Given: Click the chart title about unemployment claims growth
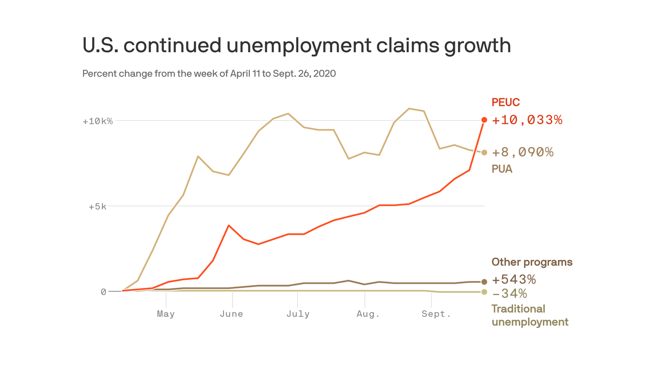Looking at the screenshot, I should pyautogui.click(x=296, y=46).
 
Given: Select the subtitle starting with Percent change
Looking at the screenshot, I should pyautogui.click(x=209, y=74).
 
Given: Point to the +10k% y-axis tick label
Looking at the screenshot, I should pyautogui.click(x=97, y=121).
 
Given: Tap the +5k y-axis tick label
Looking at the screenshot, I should pyautogui.click(x=100, y=207).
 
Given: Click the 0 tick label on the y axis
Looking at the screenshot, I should pyautogui.click(x=103, y=292).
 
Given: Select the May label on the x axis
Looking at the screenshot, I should pyautogui.click(x=165, y=314).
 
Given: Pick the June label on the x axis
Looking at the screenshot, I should pyautogui.click(x=232, y=314).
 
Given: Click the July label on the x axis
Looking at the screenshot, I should pyautogui.click(x=298, y=314).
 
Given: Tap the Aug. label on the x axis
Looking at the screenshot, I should pyautogui.click(x=368, y=314).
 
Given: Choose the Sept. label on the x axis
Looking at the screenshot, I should pyautogui.click(x=436, y=314).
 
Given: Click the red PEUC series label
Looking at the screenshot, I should pyautogui.click(x=505, y=103).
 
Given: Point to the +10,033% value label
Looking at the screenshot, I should pyautogui.click(x=527, y=120).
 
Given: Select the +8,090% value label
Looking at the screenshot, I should pyautogui.click(x=523, y=152).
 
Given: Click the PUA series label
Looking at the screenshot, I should pyautogui.click(x=502, y=169).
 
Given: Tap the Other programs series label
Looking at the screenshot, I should pyautogui.click(x=532, y=262).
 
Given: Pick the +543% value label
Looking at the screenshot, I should pyautogui.click(x=514, y=279).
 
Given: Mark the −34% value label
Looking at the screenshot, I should pyautogui.click(x=509, y=293).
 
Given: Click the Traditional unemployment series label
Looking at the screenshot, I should pyautogui.click(x=530, y=315).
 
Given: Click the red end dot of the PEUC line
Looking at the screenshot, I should pyautogui.click(x=484, y=120).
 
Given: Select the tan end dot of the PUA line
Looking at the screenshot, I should pyautogui.click(x=484, y=152).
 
